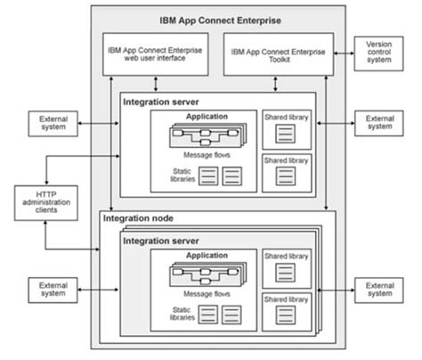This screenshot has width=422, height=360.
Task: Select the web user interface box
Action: point(152,56)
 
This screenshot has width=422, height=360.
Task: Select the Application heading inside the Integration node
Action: point(206,256)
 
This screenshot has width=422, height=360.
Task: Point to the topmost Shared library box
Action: point(286,128)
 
